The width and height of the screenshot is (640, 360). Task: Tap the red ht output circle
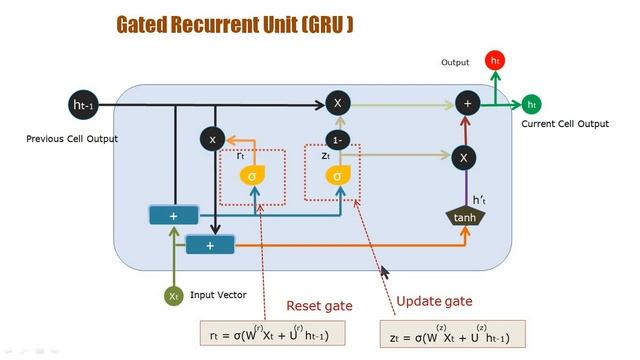click(x=495, y=61)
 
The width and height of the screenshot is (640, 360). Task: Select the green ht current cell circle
click(x=532, y=104)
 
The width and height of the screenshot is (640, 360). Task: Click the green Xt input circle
click(x=173, y=296)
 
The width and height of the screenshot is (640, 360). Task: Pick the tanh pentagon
click(x=464, y=216)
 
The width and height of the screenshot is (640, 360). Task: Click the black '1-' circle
click(x=337, y=140)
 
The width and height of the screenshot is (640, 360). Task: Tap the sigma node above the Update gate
click(x=337, y=176)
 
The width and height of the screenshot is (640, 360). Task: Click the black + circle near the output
click(x=465, y=103)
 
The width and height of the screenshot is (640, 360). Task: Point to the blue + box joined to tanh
click(x=210, y=244)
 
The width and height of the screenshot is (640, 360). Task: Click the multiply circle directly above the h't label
click(x=463, y=157)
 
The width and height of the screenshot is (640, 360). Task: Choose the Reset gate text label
click(x=318, y=305)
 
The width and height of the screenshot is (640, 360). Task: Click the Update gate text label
click(x=434, y=301)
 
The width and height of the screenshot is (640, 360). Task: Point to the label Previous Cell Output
click(x=71, y=139)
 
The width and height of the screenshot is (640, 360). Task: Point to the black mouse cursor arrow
click(x=384, y=270)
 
